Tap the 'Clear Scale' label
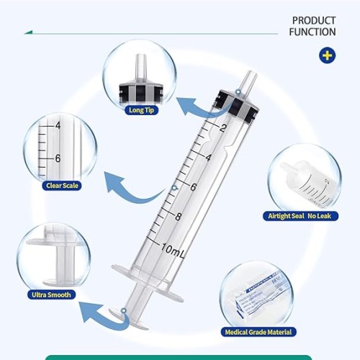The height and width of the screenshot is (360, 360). point(61,185)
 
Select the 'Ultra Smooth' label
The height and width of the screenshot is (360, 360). point(53,294)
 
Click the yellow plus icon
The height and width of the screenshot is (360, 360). point(327,55)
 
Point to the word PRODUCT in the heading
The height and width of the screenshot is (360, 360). point(314,21)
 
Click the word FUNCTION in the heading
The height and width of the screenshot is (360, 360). point(312,32)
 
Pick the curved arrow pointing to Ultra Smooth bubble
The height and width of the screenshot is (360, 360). point(97,313)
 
